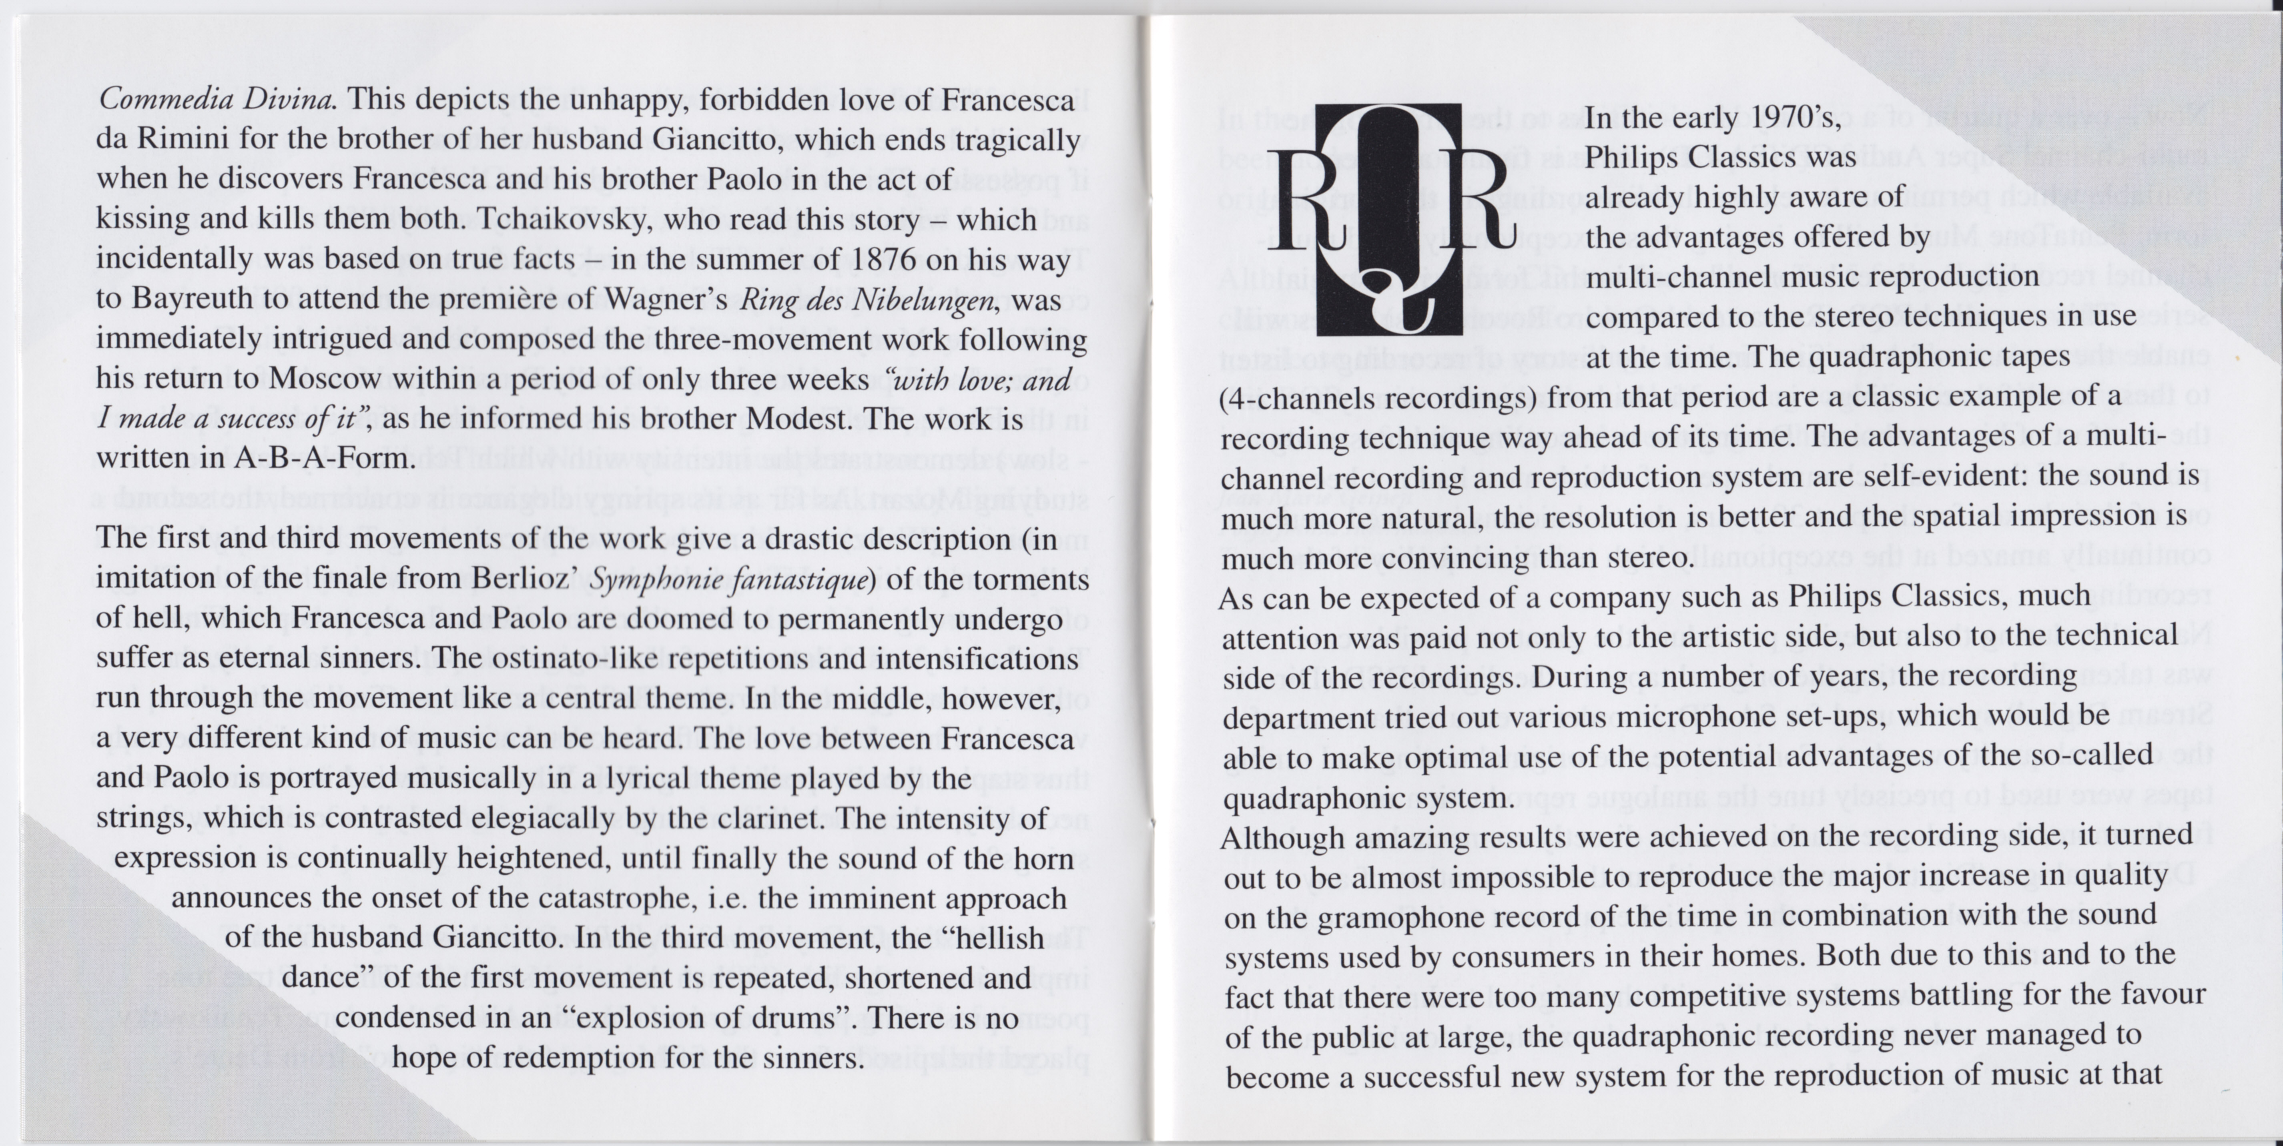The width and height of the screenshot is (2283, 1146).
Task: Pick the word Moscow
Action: (x=326, y=379)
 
